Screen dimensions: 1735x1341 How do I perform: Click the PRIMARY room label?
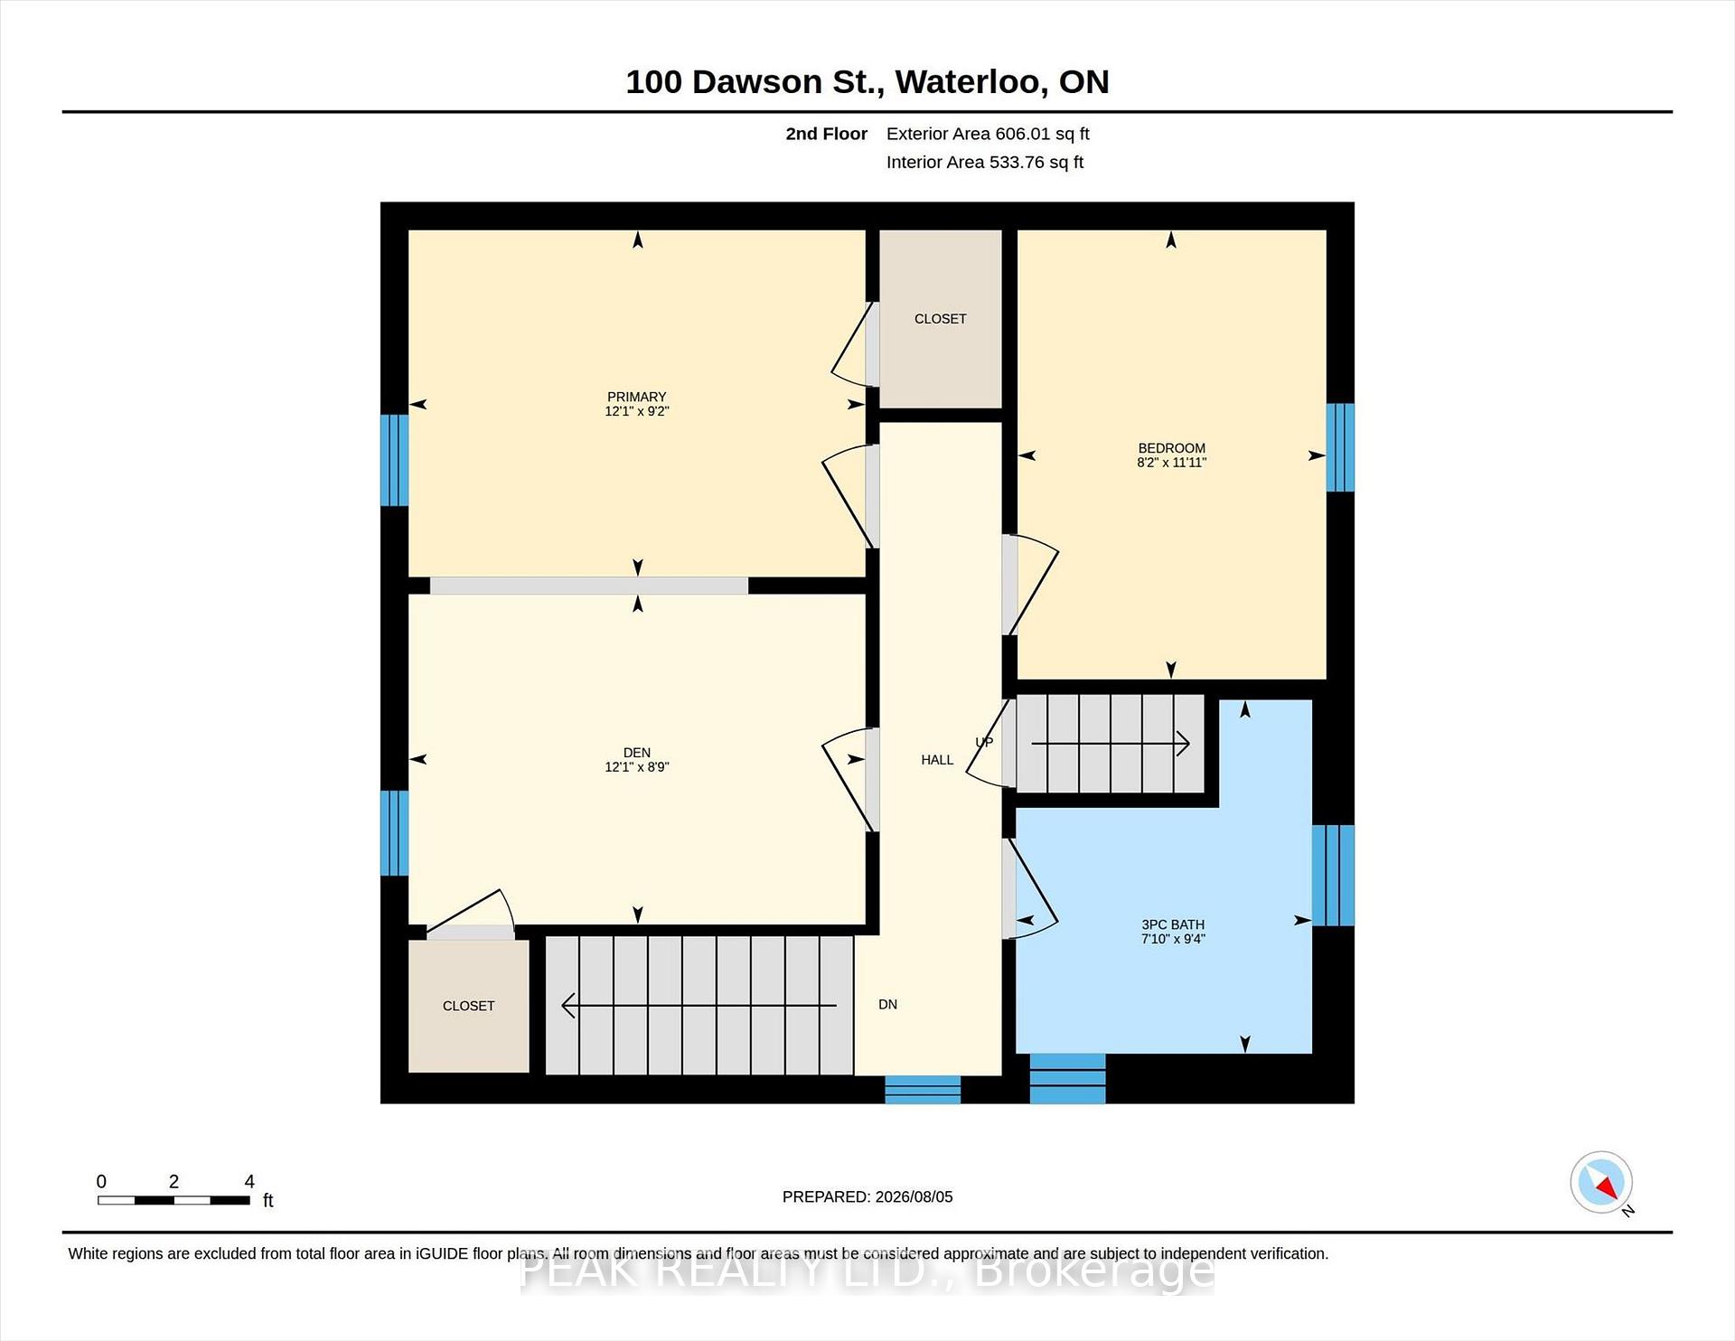(637, 397)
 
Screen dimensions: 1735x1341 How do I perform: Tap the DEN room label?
(637, 753)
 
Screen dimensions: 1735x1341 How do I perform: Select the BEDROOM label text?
(1171, 448)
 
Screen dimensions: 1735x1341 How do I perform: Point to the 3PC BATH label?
(1173, 924)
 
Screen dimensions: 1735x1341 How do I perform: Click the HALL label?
(937, 760)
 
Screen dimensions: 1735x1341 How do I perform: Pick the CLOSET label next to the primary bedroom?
(940, 319)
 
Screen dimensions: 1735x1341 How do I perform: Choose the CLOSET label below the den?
(468, 1006)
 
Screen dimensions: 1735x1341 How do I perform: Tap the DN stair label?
(887, 1004)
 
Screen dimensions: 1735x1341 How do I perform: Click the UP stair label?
(984, 742)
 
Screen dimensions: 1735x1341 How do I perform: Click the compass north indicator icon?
(1601, 1182)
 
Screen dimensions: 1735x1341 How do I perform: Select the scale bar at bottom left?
(173, 1200)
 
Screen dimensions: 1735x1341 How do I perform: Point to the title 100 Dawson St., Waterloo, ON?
(867, 81)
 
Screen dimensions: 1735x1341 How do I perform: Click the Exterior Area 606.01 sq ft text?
(988, 134)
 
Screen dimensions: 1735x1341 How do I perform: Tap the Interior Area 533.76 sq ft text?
(984, 162)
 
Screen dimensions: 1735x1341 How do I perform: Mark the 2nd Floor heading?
(826, 134)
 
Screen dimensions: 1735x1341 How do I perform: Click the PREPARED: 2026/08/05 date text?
(867, 1196)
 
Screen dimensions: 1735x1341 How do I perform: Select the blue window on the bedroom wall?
(1340, 447)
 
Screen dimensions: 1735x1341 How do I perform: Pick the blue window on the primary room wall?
(394, 460)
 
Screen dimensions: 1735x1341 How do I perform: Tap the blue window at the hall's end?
(922, 1090)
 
